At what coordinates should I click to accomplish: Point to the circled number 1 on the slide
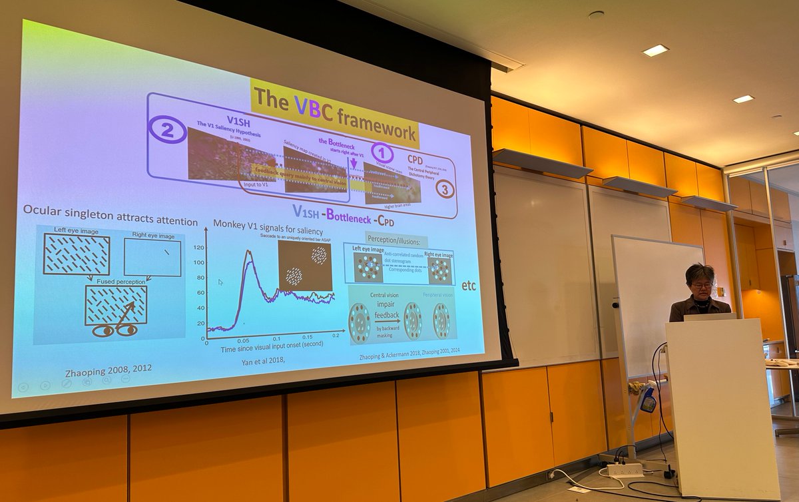point(382,152)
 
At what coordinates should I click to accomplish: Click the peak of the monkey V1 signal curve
point(248,252)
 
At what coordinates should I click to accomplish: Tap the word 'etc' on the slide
point(469,286)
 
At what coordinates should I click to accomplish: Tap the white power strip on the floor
point(625,470)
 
